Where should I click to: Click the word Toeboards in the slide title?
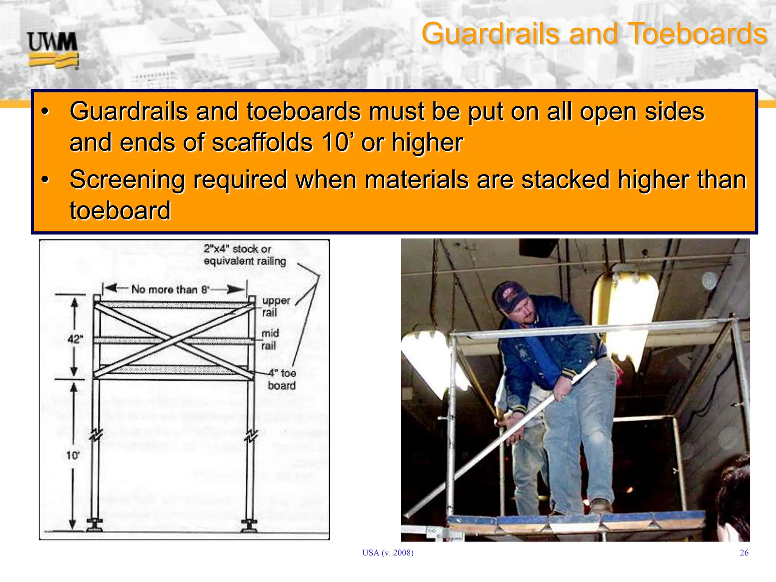click(698, 34)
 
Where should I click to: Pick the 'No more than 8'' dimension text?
click(171, 289)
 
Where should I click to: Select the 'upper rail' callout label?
click(275, 307)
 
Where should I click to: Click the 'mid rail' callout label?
click(270, 339)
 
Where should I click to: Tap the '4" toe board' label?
click(282, 379)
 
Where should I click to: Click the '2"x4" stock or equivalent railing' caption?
click(244, 255)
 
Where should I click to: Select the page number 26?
click(744, 553)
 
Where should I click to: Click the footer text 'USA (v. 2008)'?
click(388, 553)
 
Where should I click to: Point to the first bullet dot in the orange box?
click(45, 112)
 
